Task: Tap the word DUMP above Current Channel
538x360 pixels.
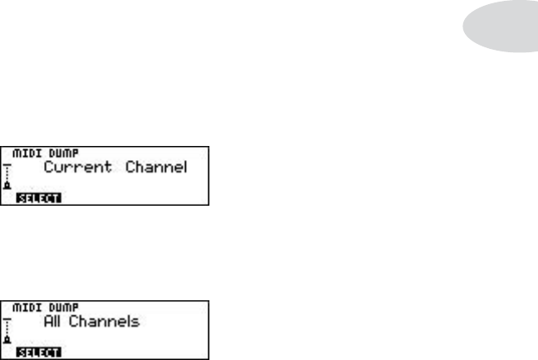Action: [54, 154]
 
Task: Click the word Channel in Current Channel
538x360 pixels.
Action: [156, 168]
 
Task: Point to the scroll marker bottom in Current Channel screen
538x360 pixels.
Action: [8, 187]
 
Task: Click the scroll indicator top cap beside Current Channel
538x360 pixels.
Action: [7, 165]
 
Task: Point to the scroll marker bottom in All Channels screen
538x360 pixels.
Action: [8, 341]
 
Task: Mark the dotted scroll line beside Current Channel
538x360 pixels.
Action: [8, 175]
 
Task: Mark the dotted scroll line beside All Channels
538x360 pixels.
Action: [8, 329]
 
